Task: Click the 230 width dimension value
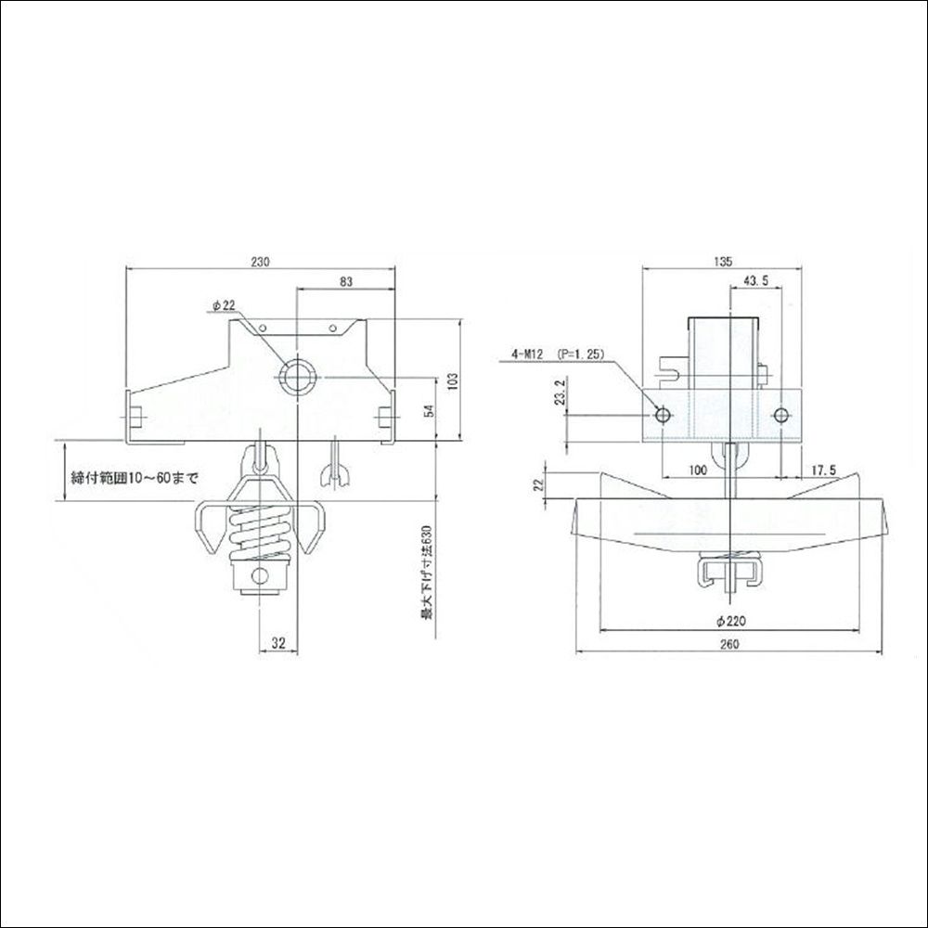(x=260, y=263)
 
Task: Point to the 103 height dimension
(x=454, y=380)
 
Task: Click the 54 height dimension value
(x=428, y=411)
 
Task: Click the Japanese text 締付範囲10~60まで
(x=135, y=479)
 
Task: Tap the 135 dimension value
(x=721, y=263)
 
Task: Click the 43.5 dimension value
(x=754, y=281)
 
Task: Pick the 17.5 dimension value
(x=821, y=471)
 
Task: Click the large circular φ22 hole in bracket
(x=298, y=378)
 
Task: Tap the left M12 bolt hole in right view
(x=662, y=413)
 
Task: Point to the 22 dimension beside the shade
(x=538, y=487)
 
